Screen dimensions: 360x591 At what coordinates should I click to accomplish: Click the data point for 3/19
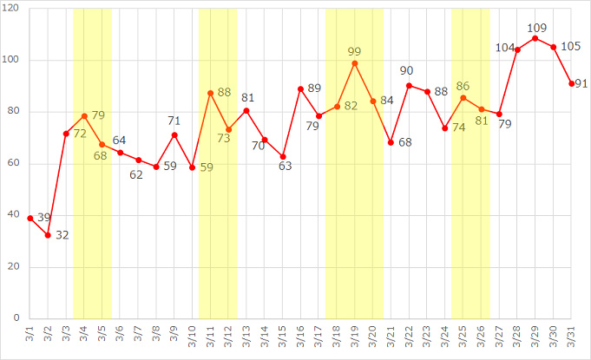tap(355, 63)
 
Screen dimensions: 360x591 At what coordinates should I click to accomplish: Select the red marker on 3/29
tap(535, 38)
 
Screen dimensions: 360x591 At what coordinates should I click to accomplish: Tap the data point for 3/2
tap(49, 235)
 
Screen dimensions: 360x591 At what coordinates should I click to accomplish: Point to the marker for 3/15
tap(283, 157)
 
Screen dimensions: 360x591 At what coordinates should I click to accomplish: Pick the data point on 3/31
tap(571, 83)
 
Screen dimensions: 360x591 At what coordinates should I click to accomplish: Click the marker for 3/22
tap(409, 86)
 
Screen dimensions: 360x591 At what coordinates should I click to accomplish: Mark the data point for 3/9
tap(174, 135)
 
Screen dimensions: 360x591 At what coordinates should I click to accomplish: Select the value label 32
tap(62, 235)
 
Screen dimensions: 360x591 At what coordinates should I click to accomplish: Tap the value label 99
tap(354, 52)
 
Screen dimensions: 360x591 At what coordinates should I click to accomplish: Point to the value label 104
tap(504, 48)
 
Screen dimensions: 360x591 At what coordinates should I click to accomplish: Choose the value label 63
tap(285, 167)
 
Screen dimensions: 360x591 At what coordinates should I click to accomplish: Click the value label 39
tap(44, 217)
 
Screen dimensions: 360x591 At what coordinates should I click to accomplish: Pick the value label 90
tap(408, 71)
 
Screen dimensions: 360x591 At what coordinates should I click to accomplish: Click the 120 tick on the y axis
tap(16, 9)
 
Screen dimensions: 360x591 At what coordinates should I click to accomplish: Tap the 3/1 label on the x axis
tap(30, 334)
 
